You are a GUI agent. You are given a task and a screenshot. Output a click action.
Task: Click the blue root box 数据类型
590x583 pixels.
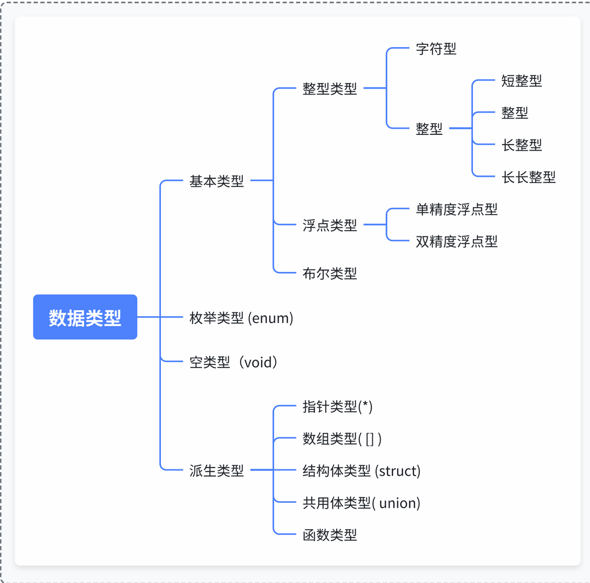tap(85, 317)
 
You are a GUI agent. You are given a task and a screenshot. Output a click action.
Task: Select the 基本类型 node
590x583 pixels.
tap(216, 181)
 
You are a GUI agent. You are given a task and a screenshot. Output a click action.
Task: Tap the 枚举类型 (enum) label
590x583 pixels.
tap(241, 318)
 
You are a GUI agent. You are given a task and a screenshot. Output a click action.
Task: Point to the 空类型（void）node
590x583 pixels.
tap(234, 362)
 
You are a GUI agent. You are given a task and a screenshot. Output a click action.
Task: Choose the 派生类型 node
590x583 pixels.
tap(216, 470)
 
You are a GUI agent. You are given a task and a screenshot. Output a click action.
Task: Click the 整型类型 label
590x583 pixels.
tap(330, 88)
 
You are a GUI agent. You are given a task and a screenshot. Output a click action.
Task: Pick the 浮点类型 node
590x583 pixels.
tap(330, 225)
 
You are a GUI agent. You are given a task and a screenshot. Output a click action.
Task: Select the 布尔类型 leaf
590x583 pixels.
tap(330, 273)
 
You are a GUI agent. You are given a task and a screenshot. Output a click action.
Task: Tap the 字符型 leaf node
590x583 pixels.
tap(436, 49)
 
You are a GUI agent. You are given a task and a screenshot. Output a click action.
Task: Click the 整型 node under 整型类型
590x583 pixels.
tap(429, 129)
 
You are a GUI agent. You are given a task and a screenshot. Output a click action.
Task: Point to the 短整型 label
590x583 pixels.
tap(522, 81)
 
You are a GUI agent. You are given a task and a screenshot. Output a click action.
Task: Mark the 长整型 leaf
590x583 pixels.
tap(522, 145)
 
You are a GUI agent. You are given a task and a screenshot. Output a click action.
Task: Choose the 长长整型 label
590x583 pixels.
tap(528, 178)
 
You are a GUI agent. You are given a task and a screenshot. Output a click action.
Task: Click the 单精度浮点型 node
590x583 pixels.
tap(457, 209)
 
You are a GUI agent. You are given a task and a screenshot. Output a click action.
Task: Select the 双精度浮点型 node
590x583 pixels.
tap(457, 241)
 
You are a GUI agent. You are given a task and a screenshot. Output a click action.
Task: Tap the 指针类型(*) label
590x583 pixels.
tap(337, 407)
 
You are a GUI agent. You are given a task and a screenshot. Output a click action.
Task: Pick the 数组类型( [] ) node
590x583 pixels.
tap(342, 439)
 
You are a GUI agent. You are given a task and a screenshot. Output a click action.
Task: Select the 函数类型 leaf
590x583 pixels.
tap(330, 535)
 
